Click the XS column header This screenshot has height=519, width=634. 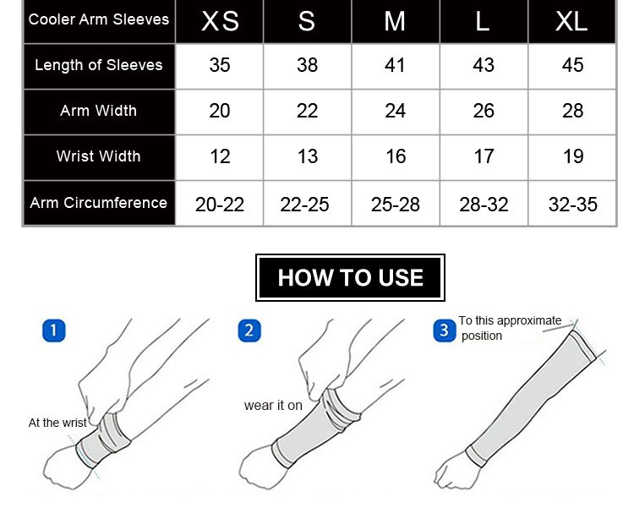tap(220, 21)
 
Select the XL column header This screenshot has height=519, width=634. tap(571, 21)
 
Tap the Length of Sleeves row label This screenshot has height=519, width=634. tap(99, 65)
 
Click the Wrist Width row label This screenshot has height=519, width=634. tap(99, 156)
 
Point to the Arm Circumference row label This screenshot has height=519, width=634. tap(99, 203)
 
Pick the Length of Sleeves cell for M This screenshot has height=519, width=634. tap(395, 65)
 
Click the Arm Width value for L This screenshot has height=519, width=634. tap(484, 111)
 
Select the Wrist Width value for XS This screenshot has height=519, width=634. tap(220, 156)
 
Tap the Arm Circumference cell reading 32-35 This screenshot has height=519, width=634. tap(572, 205)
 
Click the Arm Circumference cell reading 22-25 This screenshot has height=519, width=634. tap(304, 205)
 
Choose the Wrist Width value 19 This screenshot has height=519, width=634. tap(573, 156)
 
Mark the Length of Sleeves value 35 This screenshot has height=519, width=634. tap(220, 65)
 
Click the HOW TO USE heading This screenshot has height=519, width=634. tap(350, 278)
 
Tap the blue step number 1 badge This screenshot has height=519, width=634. tap(54, 331)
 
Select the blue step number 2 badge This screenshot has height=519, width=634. tap(249, 331)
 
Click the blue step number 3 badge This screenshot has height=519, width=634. tap(445, 331)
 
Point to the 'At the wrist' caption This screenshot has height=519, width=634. tap(57, 423)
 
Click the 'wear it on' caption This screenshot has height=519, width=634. tap(273, 406)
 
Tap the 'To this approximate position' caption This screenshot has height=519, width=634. tap(510, 328)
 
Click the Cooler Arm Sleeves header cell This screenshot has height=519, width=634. tap(99, 19)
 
